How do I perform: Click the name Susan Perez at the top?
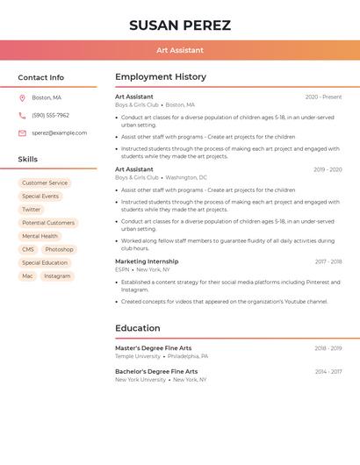point(180,25)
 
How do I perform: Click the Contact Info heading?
point(41,77)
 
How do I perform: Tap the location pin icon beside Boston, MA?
point(22,97)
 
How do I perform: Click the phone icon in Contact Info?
point(22,115)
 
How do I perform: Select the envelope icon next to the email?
point(22,133)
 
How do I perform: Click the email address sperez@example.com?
point(60,133)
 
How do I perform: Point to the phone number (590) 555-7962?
point(51,115)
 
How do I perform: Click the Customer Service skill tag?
point(45,183)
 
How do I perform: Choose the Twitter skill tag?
point(32,210)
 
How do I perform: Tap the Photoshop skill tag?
point(60,249)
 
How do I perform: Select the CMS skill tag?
point(28,249)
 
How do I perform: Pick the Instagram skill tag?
point(57,276)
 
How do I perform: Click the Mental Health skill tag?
point(40,236)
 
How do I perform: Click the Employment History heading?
point(161,77)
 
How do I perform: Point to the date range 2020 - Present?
point(323,97)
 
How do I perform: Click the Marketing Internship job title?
point(147,261)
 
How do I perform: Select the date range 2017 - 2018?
point(328,261)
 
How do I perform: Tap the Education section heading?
point(138,328)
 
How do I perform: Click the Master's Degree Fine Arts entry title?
point(153,348)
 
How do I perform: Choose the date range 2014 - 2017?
point(328,372)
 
